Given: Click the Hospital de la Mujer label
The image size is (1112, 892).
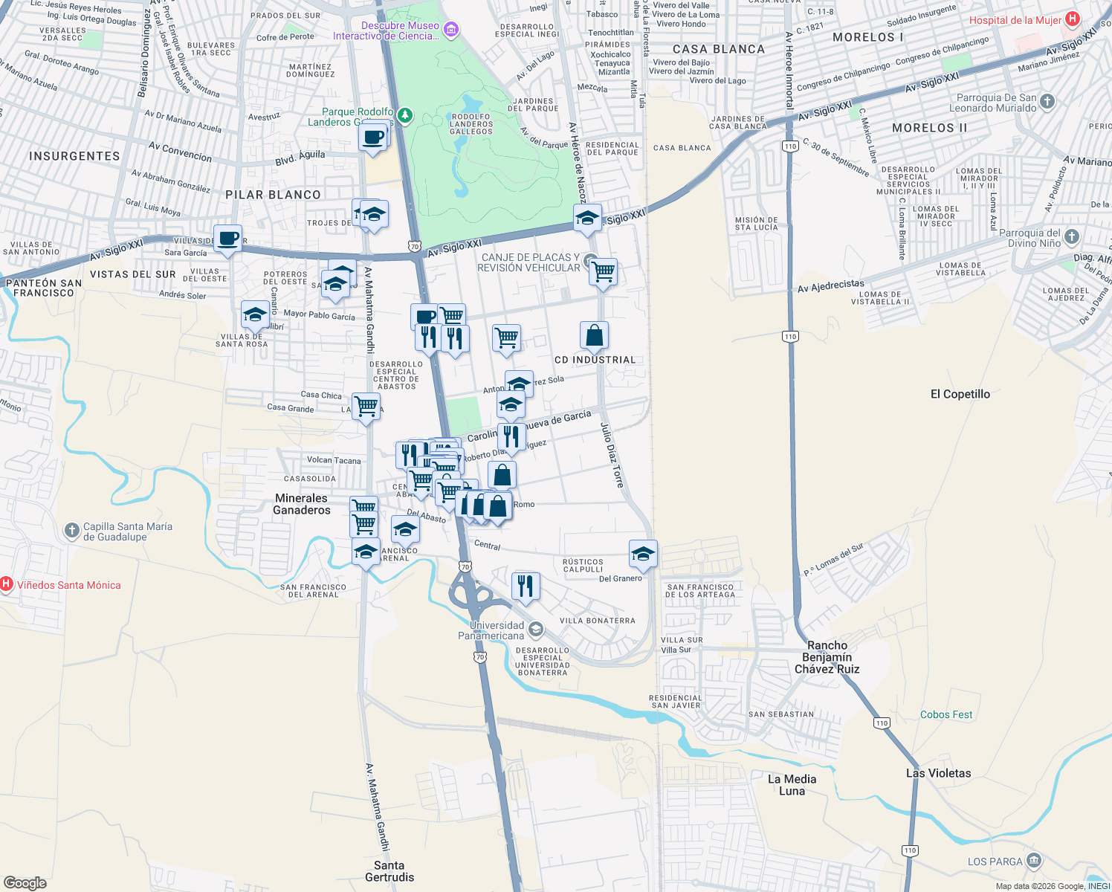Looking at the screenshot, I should click(1015, 20).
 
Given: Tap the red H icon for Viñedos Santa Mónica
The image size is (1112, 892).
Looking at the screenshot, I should click(6, 584).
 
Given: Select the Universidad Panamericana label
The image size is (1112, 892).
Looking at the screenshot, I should click(491, 630).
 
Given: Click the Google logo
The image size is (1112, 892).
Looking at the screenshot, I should click(25, 882).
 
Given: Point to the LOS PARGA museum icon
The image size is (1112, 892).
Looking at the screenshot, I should click(1034, 861).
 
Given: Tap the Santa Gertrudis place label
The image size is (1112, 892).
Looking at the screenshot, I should click(389, 871).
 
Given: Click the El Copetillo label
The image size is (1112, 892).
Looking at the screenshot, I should click(960, 394).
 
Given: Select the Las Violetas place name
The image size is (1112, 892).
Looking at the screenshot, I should click(938, 773).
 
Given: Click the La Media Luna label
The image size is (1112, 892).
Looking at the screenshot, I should click(792, 785).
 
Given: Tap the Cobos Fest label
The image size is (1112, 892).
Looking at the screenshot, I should click(946, 714).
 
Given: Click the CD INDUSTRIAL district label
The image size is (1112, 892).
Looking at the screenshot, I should click(595, 360).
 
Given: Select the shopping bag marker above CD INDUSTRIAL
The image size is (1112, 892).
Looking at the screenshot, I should click(594, 335).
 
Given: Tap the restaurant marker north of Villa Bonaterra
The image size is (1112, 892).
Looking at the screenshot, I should click(526, 586).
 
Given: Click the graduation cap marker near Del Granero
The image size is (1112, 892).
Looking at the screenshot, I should click(643, 554).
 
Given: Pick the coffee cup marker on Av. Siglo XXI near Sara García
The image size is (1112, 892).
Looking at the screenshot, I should click(228, 239).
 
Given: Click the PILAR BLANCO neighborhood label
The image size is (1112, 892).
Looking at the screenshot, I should click(273, 195).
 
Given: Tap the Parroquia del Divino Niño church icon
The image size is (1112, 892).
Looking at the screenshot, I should click(1071, 237).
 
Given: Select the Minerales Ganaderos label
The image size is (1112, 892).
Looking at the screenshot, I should click(301, 504).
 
